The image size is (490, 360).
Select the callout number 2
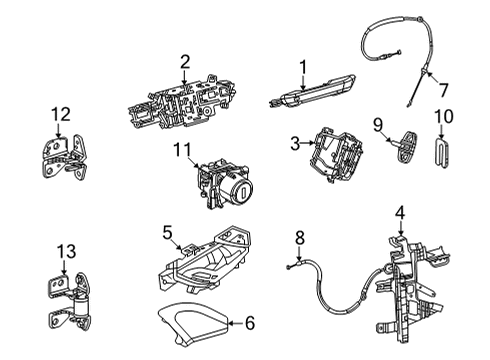coord(184,61)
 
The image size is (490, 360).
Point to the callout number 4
coord(400,211)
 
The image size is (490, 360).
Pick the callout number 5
coord(168,232)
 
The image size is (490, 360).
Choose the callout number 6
coord(250,322)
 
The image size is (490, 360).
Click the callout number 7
coord(444,89)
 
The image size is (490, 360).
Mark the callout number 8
coord(298,238)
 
